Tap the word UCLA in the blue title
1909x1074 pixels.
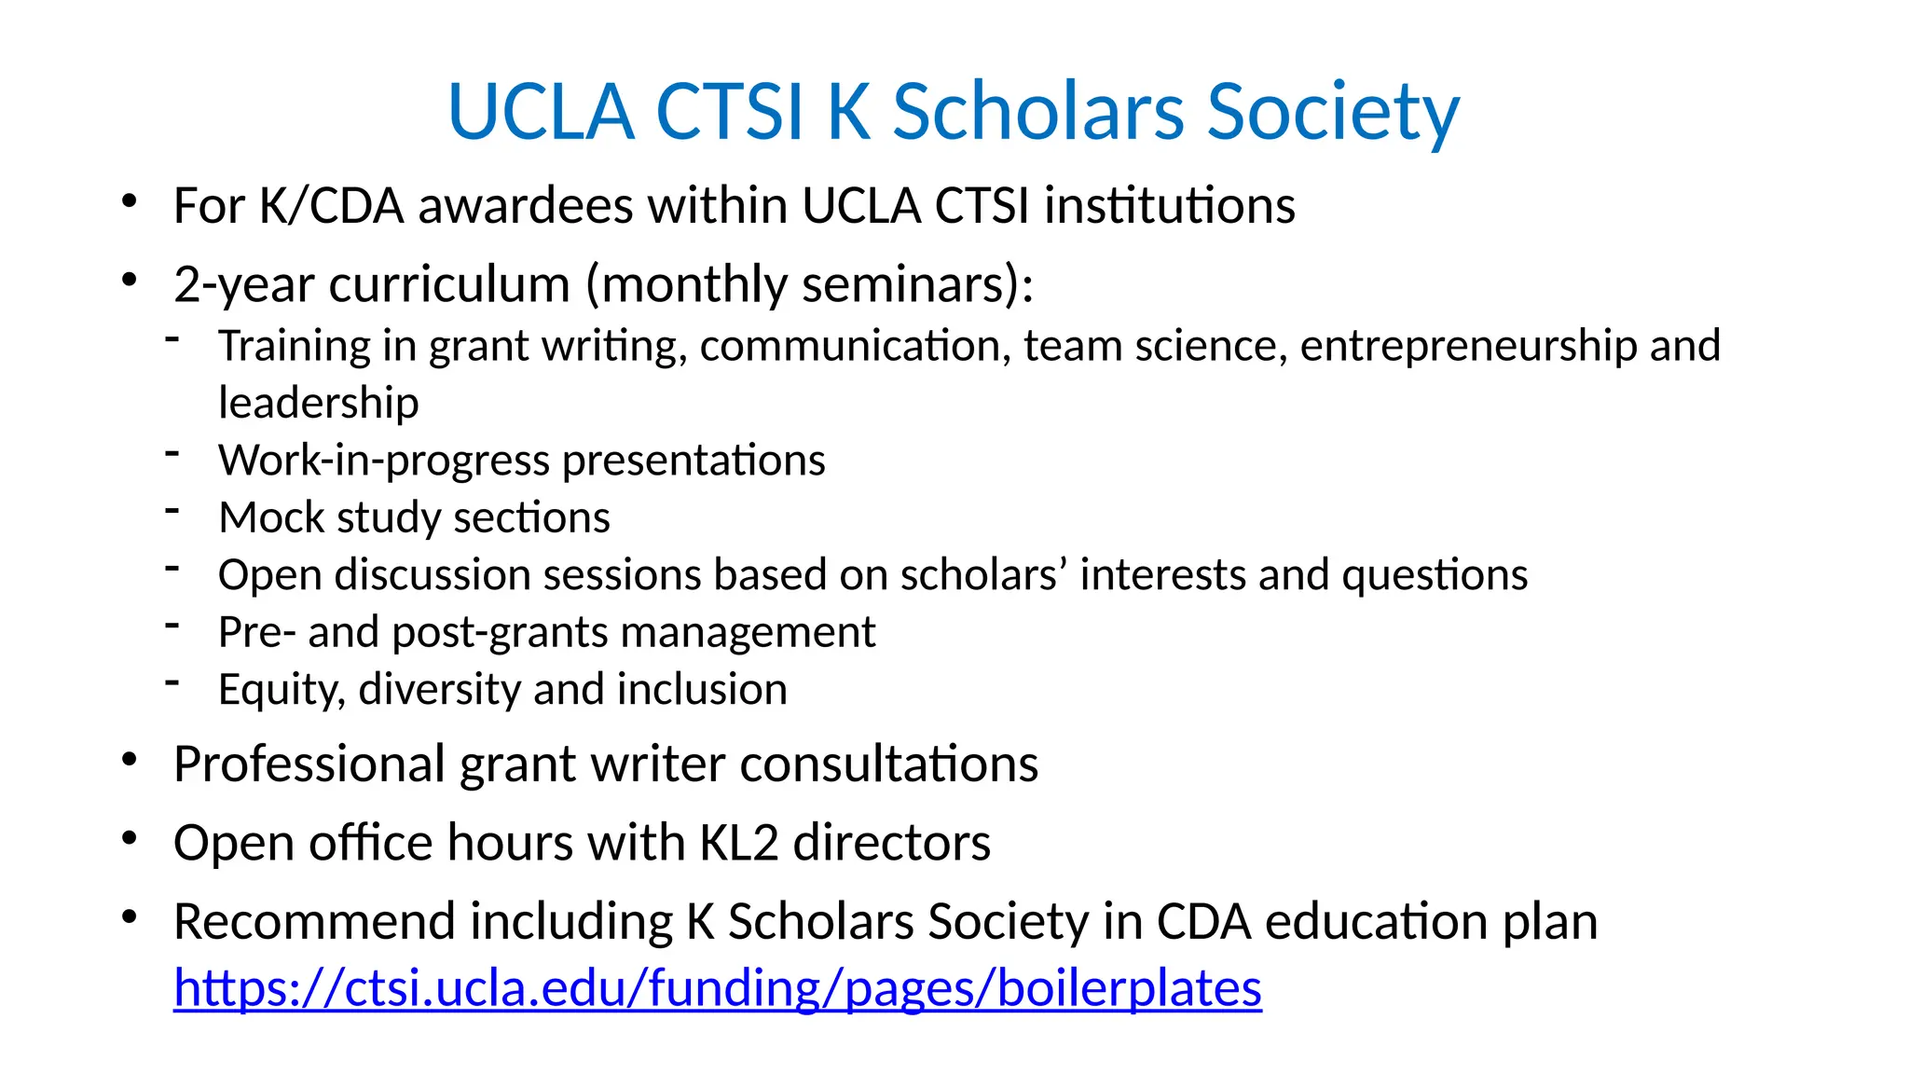(542, 112)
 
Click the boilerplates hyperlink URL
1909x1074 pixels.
(717, 988)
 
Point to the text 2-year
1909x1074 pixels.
(244, 284)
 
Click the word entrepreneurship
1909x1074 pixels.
(1468, 346)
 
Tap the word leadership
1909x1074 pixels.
(318, 403)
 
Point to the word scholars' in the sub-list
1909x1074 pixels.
(983, 574)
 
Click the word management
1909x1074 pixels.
(748, 632)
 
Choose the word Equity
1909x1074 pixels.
(282, 690)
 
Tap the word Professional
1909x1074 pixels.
(309, 764)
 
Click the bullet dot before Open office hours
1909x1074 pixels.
(130, 839)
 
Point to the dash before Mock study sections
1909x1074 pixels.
(172, 510)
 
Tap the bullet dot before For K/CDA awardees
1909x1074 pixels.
(130, 201)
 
